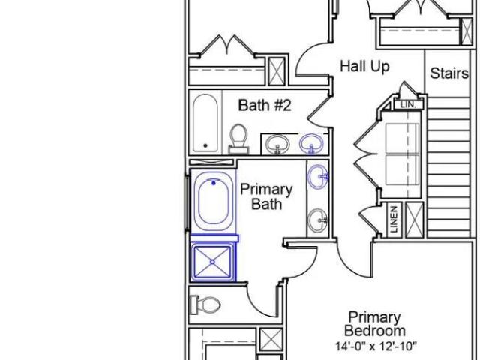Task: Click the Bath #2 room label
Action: (x=265, y=105)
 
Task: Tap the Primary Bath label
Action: (x=266, y=196)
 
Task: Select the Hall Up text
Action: (x=364, y=67)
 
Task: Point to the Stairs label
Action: (x=449, y=73)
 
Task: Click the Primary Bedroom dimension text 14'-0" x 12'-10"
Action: (x=376, y=346)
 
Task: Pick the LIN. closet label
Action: (x=409, y=104)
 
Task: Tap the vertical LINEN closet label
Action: (x=394, y=219)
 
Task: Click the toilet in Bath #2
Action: (x=238, y=139)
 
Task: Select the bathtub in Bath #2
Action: (x=205, y=123)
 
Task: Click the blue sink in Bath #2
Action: (x=311, y=144)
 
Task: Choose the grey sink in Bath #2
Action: (x=277, y=145)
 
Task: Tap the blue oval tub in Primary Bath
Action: (x=213, y=201)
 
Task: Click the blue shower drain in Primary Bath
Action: (x=213, y=262)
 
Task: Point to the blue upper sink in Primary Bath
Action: (x=318, y=177)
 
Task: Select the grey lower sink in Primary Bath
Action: (x=318, y=220)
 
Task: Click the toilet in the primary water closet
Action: (x=205, y=304)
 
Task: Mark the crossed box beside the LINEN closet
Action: (x=415, y=220)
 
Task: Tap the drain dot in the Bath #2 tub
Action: (x=205, y=145)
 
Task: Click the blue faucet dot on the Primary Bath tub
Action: (x=214, y=183)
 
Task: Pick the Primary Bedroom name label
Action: (x=375, y=324)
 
